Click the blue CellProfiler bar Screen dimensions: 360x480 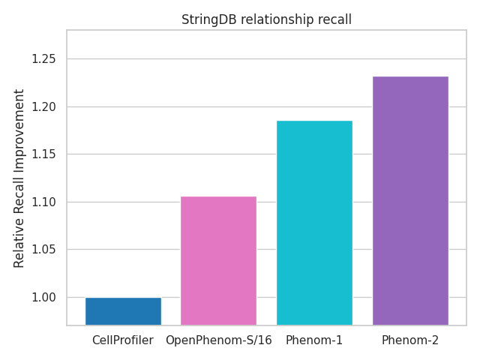[123, 311]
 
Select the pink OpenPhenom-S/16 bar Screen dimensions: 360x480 [218, 260]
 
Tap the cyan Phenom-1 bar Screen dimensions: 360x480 [314, 223]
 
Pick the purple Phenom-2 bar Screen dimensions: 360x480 [410, 200]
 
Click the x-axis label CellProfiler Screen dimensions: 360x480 [123, 340]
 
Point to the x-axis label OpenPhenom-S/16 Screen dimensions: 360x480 [218, 340]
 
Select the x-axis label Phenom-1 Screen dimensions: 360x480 [314, 340]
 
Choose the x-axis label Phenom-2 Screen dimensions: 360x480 [410, 340]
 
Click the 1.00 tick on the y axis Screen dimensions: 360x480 [44, 298]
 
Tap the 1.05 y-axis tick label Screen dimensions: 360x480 [44, 250]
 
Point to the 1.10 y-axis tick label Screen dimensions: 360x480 [44, 202]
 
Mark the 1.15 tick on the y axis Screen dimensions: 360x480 [44, 154]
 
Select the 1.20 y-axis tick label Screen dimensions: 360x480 [44, 107]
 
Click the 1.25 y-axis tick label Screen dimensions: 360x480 [44, 59]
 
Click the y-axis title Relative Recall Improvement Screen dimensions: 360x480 [19, 178]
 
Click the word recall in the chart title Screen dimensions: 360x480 [334, 20]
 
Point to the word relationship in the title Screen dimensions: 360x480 [274, 20]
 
